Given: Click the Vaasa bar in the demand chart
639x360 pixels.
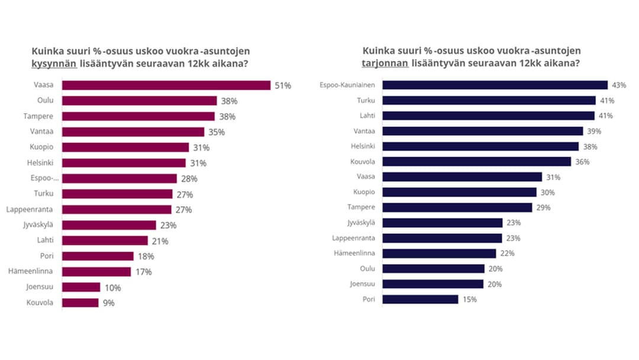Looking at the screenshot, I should tap(166, 85).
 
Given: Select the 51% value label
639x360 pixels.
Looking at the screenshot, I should tap(283, 86).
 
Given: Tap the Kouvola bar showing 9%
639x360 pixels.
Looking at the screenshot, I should tap(80, 303).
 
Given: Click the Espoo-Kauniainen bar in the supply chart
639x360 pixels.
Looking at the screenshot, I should tap(495, 85).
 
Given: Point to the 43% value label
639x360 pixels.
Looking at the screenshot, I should tap(619, 85).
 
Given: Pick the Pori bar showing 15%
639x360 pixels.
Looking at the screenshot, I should tap(420, 299).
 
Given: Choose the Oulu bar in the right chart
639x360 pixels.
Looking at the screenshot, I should tap(433, 269).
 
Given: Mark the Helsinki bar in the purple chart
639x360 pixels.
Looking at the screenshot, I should tap(124, 163).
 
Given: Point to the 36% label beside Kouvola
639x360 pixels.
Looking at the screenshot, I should tap(582, 162).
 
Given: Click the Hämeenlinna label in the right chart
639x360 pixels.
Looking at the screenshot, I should tap(355, 253).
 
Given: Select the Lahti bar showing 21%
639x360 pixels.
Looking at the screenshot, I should tap(105, 240).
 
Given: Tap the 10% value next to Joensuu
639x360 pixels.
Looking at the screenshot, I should tap(113, 288).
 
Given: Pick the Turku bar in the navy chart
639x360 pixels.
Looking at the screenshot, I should tap(489, 101).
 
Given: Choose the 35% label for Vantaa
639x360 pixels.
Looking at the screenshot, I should tap(217, 132).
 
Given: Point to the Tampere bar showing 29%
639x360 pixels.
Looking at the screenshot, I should tap(457, 207).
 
